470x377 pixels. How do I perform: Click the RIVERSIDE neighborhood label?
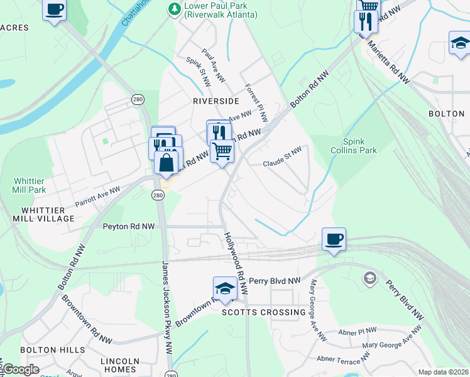(x=216, y=101)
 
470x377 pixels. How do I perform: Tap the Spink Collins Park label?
(x=359, y=146)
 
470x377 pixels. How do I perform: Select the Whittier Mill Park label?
(x=30, y=185)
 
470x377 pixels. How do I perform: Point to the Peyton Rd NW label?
(x=129, y=226)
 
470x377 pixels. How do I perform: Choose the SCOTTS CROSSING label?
(x=265, y=312)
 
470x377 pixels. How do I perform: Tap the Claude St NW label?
(x=282, y=154)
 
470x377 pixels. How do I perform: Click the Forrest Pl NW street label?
(x=256, y=103)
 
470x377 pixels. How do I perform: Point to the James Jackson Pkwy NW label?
(x=167, y=308)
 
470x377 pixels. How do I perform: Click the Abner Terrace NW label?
(x=344, y=359)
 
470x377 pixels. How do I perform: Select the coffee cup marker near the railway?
(x=334, y=239)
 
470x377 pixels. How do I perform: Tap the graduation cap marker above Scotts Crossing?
(x=225, y=288)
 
